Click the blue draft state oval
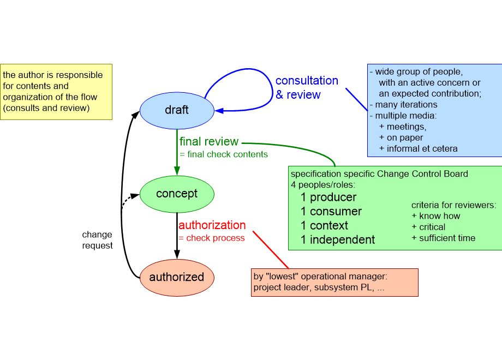coord(177,110)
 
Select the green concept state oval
coord(177,194)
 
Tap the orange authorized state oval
coord(177,277)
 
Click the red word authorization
coord(212,225)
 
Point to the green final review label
coord(209,142)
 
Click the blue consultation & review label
coord(306,87)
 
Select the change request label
coord(97,240)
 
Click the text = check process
coord(212,238)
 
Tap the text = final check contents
coord(224,154)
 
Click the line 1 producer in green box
coord(328,197)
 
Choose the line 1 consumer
coord(331,212)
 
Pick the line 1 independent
coord(338,240)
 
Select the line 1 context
coord(324,226)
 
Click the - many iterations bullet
coord(403,104)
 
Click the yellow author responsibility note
coord(56,92)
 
